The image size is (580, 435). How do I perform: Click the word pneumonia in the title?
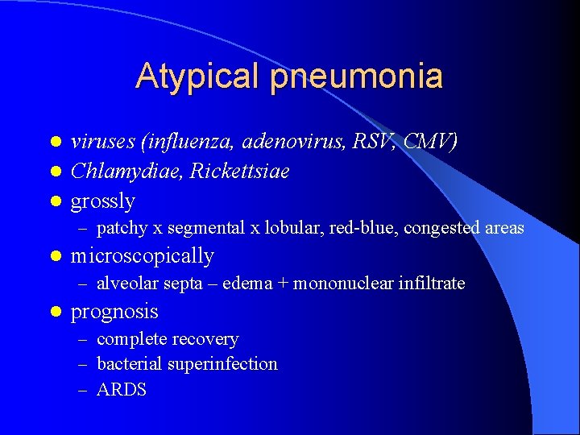pyautogui.click(x=357, y=77)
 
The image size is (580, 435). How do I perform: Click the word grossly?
pyautogui.click(x=103, y=201)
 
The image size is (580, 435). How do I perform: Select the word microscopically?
pyautogui.click(x=143, y=256)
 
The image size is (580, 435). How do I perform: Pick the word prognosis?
pyautogui.click(x=114, y=311)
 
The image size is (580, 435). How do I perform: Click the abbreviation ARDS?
pyautogui.click(x=122, y=390)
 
